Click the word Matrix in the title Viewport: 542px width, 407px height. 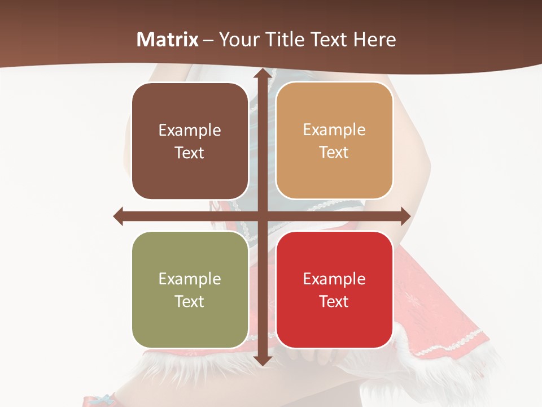[168, 40]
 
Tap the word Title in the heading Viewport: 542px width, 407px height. [282, 40]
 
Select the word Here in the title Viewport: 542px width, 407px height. [374, 40]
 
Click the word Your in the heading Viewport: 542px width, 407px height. [238, 40]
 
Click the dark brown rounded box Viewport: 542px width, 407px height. [190, 141]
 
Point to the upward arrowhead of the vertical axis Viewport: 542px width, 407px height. [262, 73]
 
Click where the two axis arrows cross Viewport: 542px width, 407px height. [262, 216]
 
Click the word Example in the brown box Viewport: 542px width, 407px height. [190, 131]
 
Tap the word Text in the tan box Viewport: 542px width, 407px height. [334, 153]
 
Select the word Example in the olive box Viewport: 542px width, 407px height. [190, 279]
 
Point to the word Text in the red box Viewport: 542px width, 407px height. [334, 302]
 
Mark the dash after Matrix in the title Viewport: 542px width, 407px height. [208, 40]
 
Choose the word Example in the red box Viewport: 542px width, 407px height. [334, 279]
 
